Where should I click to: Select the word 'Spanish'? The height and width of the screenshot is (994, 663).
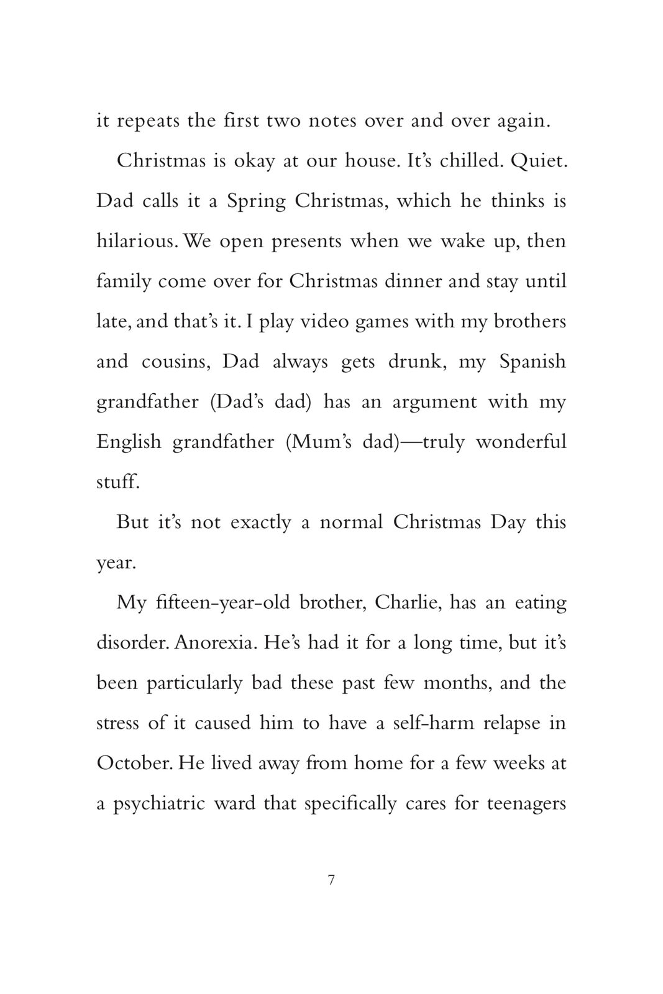533,362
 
